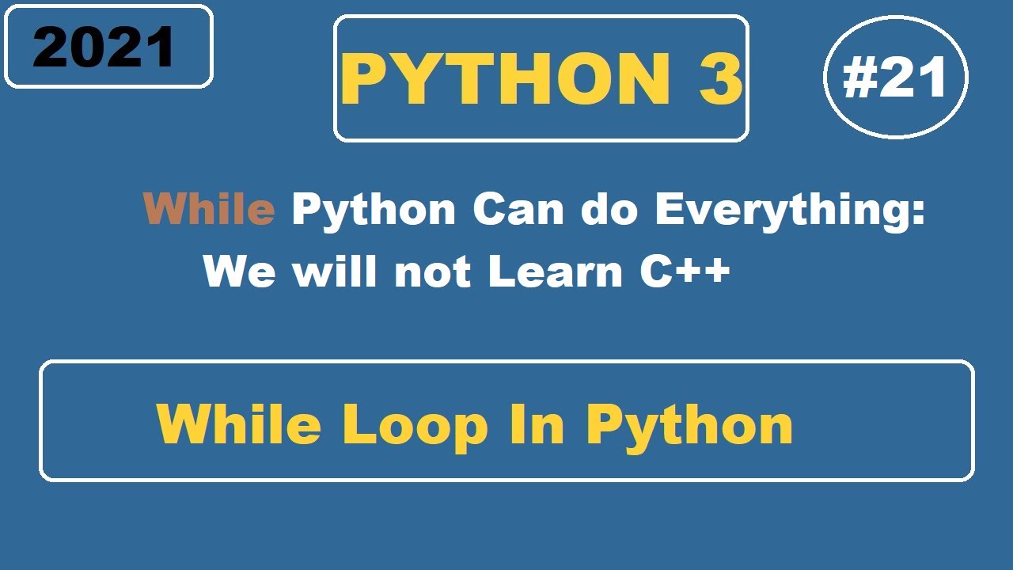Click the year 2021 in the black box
[104, 47]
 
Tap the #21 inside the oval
[896, 78]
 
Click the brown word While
[209, 210]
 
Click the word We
[239, 272]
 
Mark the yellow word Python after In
[689, 425]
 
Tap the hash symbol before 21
[859, 79]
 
